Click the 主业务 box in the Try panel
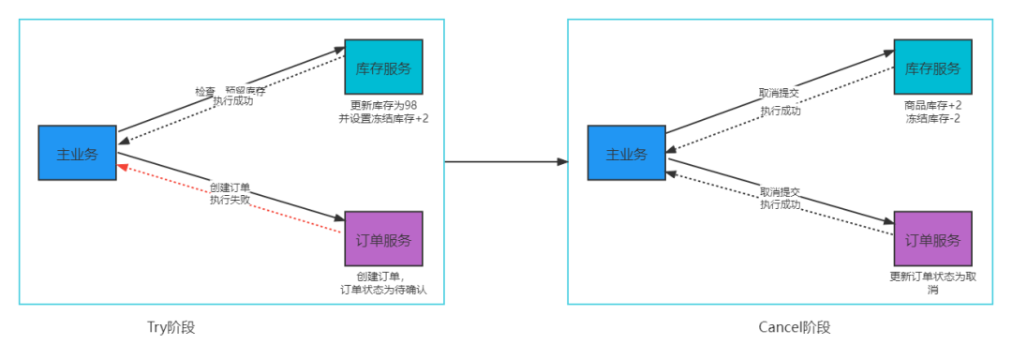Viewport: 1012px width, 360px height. [77, 153]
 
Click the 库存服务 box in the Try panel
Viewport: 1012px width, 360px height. [383, 67]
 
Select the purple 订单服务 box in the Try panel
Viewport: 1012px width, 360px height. [383, 239]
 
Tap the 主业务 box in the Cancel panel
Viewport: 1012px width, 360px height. [626, 153]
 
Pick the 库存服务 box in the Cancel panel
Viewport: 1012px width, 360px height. [932, 67]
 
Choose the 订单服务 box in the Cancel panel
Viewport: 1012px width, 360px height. [932, 239]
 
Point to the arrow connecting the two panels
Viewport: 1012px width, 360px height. [506, 161]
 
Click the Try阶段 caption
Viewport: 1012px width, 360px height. [171, 327]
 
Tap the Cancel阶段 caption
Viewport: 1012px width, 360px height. [795, 327]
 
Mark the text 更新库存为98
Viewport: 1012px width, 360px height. [383, 105]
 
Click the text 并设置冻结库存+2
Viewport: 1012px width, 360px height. [383, 119]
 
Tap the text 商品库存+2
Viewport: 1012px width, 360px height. [932, 105]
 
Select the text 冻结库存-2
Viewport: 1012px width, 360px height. [932, 119]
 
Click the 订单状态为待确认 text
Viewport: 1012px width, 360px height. [383, 290]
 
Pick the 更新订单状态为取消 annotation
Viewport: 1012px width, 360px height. [932, 283]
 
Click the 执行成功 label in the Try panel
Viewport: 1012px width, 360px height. [232, 101]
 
